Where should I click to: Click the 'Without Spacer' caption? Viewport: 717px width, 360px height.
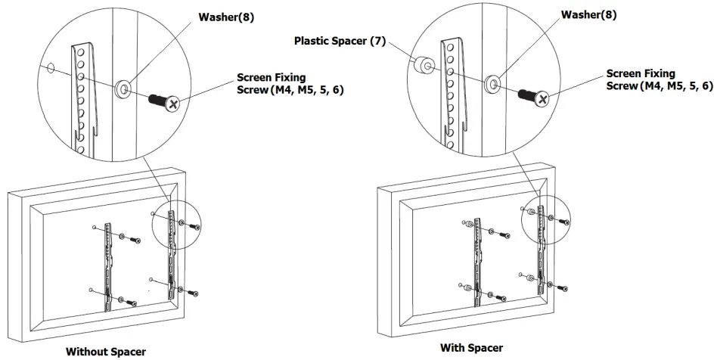coord(105,351)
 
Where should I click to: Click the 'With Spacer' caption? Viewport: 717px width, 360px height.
coord(472,348)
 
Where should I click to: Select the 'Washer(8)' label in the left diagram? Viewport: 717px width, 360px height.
coord(227,17)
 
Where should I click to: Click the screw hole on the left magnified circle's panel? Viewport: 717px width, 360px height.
coord(51,69)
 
